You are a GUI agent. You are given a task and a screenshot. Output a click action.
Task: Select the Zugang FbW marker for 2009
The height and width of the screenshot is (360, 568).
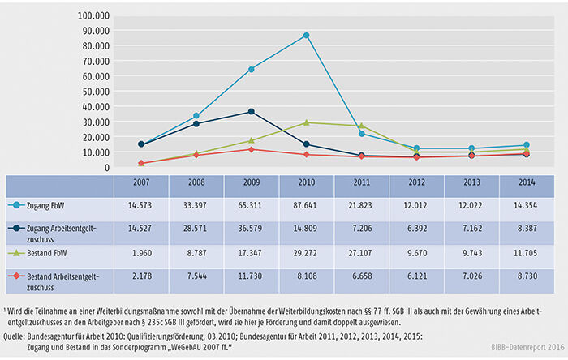pos(252,69)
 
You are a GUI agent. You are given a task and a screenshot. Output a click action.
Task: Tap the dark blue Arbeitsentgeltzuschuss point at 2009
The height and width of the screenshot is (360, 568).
pos(252,111)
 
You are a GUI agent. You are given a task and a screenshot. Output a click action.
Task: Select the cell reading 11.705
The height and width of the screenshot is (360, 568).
pos(526,253)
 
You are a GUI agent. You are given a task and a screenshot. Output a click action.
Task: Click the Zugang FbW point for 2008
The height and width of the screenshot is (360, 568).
pos(196,116)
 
